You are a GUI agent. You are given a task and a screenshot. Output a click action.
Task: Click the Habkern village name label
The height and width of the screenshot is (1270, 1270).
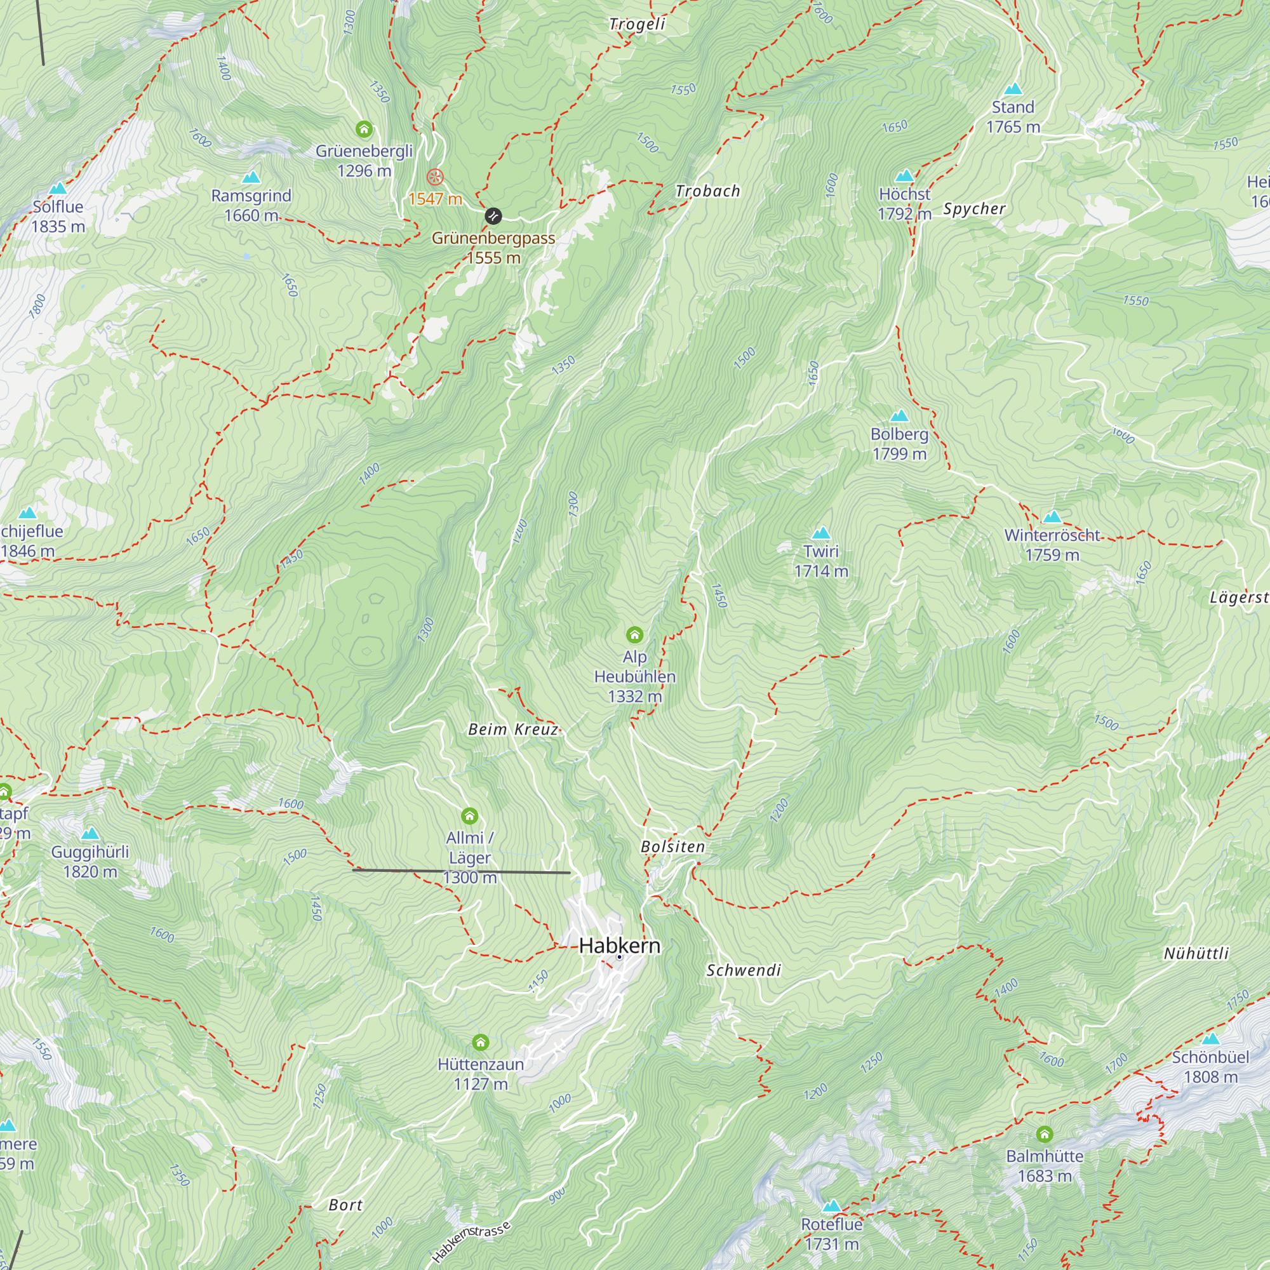coord(619,946)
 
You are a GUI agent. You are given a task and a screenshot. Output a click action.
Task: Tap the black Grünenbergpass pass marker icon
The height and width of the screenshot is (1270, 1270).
coord(493,216)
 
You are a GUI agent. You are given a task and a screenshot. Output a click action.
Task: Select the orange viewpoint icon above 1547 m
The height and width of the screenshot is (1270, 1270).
coord(435,177)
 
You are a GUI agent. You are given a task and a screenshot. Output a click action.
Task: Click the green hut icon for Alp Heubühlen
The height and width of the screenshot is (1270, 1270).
coord(634,634)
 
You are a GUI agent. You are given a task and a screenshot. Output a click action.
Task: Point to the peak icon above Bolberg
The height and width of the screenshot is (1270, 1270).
coord(899,415)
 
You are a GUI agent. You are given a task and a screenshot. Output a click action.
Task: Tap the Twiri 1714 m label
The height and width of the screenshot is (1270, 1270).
coord(821,561)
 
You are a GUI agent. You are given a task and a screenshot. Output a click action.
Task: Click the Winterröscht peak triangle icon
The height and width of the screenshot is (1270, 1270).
coord(1052,517)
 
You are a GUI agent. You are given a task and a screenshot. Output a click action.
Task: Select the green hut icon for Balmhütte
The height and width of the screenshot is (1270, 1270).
coord(1045,1134)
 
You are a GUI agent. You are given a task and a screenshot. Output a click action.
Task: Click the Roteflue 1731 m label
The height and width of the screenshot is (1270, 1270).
coord(832,1234)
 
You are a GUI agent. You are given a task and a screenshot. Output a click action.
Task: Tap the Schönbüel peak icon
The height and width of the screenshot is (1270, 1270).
coord(1210,1039)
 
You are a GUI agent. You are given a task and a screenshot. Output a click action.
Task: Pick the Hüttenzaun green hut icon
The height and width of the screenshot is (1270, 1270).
coord(481,1043)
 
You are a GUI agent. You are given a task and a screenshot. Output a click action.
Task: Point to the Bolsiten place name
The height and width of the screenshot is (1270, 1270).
coord(672,847)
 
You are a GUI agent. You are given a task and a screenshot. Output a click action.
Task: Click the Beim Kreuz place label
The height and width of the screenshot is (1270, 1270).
coord(512,729)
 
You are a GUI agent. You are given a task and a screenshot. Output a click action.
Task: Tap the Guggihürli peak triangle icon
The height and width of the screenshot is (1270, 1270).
coord(90,834)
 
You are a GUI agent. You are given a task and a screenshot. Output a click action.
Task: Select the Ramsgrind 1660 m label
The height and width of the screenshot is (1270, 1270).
coord(251,205)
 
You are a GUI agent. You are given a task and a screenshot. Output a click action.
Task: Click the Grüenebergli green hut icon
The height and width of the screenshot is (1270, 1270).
coord(363,129)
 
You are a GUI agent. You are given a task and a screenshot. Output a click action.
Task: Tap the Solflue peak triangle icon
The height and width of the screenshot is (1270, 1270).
coord(58,189)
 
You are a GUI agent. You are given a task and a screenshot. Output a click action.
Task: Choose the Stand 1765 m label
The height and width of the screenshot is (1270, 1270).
coord(1013,116)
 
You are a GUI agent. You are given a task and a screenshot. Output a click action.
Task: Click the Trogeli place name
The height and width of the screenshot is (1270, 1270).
coord(637,24)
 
